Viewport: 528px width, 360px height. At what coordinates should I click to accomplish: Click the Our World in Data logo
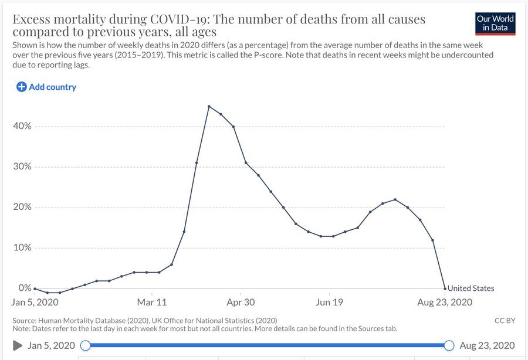click(x=496, y=23)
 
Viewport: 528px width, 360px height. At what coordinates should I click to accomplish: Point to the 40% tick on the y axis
click(x=22, y=127)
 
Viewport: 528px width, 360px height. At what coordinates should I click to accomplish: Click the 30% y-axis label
click(x=22, y=167)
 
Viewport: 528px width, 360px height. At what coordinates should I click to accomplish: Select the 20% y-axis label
click(x=22, y=208)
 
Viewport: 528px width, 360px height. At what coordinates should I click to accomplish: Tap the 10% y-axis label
click(x=22, y=248)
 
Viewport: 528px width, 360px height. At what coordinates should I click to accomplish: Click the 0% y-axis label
click(x=25, y=288)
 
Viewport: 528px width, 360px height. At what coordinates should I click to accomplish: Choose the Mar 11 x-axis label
click(x=152, y=303)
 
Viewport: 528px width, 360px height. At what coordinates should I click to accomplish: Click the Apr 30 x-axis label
click(x=241, y=303)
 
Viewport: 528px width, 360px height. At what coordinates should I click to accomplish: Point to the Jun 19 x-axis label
click(x=329, y=303)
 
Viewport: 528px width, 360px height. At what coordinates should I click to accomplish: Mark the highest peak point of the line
click(x=209, y=106)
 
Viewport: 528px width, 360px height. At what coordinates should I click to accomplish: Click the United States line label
click(x=471, y=288)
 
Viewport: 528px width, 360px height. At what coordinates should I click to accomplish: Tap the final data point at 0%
click(x=445, y=288)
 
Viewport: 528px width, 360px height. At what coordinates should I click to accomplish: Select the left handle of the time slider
click(x=86, y=345)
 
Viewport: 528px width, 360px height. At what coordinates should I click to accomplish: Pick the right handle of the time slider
click(x=449, y=345)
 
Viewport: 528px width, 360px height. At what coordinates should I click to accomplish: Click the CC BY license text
click(x=505, y=321)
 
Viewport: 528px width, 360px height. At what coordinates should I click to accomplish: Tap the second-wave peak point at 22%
click(x=395, y=199)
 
